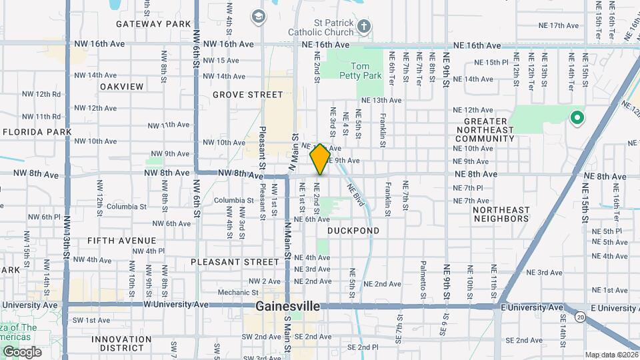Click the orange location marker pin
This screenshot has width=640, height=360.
point(320,159)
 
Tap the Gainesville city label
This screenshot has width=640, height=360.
point(287,307)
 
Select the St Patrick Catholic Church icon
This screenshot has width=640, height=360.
point(363,27)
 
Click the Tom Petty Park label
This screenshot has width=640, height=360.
point(366,71)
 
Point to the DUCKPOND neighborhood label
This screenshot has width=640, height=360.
point(353,231)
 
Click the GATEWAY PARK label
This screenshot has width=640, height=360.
point(153,24)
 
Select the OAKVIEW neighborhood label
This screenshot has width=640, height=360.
point(121,87)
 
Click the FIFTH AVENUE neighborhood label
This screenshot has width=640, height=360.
point(121,241)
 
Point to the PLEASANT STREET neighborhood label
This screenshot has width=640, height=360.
point(234,262)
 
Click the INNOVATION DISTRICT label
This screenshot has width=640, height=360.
point(121,343)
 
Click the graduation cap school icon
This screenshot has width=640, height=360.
point(258,16)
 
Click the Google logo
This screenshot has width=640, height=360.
point(22,351)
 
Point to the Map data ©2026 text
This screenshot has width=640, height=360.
point(611,355)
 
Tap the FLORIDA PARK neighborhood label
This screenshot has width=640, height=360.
point(37,132)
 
